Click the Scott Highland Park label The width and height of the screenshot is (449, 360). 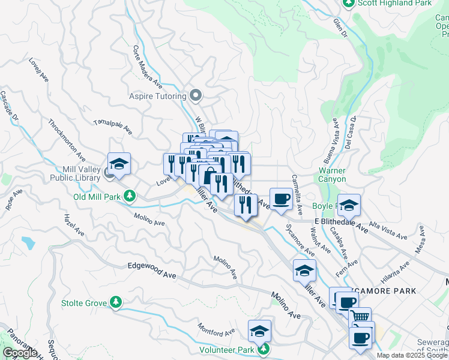click(x=394, y=4)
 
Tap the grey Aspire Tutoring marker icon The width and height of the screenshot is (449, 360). click(x=195, y=95)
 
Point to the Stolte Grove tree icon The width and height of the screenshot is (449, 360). click(x=118, y=303)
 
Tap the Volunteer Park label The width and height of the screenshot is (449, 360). click(x=228, y=350)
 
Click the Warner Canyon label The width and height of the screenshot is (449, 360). click(x=332, y=175)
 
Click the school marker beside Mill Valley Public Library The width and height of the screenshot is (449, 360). click(x=119, y=164)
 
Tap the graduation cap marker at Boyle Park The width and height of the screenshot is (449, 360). click(x=349, y=205)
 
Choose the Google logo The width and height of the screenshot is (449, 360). click(x=20, y=353)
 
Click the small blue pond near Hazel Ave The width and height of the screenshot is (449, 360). click(x=28, y=243)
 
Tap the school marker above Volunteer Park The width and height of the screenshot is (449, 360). click(x=259, y=331)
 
